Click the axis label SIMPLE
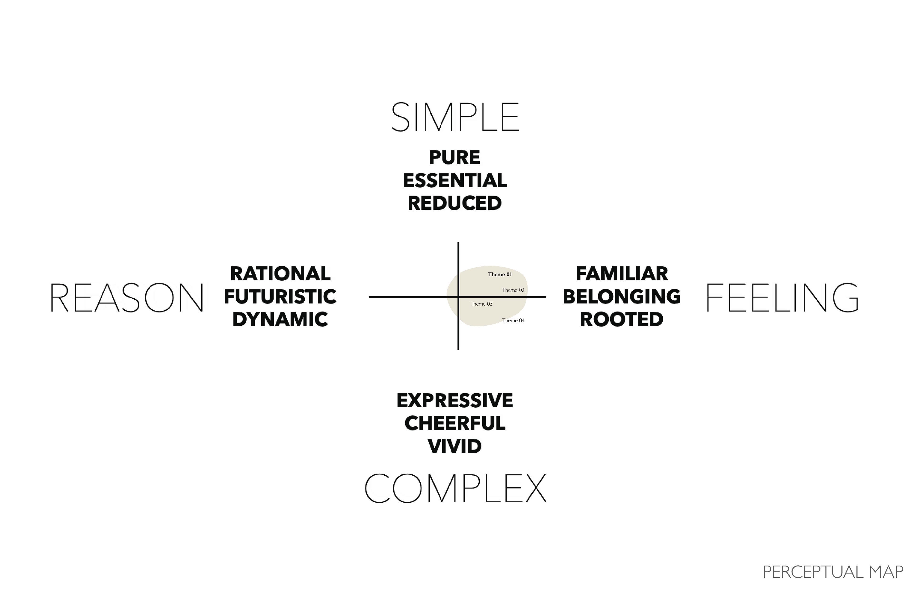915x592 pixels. coord(455,117)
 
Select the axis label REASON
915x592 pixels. coord(127,298)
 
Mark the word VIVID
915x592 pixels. coord(454,446)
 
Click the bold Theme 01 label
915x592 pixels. coord(500,274)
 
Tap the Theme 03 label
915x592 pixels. coord(481,304)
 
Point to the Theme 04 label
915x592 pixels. coord(513,321)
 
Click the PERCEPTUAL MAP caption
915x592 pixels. coord(833,572)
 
